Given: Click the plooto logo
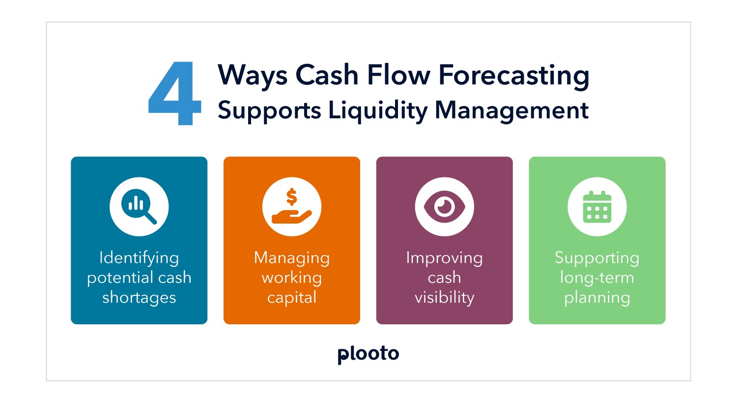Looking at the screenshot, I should pyautogui.click(x=368, y=354).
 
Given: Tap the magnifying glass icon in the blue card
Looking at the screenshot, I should pyautogui.click(x=139, y=206).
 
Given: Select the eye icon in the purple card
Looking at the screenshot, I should pyautogui.click(x=444, y=206).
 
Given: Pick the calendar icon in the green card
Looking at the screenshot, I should pyautogui.click(x=597, y=207).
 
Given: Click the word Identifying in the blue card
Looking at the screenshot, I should pyautogui.click(x=139, y=258).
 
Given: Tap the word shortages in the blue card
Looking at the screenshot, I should pyautogui.click(x=139, y=297).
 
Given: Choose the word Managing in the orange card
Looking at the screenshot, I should pyautogui.click(x=292, y=258).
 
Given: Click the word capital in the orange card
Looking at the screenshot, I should pyautogui.click(x=292, y=298).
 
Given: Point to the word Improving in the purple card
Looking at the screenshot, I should pyautogui.click(x=444, y=258).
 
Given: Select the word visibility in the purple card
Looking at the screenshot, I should pyautogui.click(x=444, y=297).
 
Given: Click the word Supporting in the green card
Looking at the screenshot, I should pyautogui.click(x=597, y=258).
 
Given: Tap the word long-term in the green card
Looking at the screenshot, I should pyautogui.click(x=597, y=278).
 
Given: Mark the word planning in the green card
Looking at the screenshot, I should pyautogui.click(x=597, y=298).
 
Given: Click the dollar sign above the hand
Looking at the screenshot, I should pyautogui.click(x=292, y=197).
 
